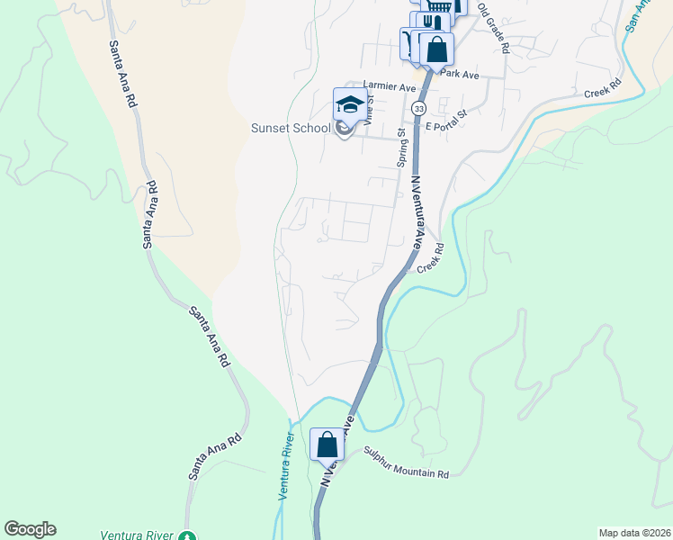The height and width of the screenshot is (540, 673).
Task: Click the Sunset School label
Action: point(291,128)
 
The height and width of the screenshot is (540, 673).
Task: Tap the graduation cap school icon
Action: point(349,106)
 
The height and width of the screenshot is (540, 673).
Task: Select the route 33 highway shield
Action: point(419,108)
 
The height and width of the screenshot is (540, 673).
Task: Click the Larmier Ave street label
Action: point(390,88)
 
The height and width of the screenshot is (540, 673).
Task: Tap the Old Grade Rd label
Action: point(493,28)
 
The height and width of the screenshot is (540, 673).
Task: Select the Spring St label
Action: point(402,148)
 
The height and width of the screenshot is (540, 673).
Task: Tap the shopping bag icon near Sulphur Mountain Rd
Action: point(327,445)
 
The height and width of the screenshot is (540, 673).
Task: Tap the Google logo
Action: point(30,529)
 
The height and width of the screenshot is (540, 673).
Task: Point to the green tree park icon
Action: point(186,537)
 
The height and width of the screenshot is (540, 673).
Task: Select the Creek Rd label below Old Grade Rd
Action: point(603,90)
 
